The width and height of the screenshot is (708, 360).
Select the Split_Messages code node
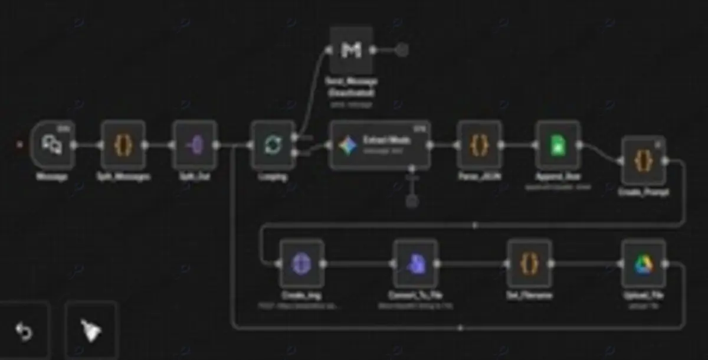123,145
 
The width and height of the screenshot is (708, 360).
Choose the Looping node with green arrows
273,145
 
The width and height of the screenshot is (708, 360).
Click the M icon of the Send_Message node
351,50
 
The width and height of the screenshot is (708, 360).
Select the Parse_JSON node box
479,145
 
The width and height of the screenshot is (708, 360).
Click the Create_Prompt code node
643,161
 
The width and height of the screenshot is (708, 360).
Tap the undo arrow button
24,332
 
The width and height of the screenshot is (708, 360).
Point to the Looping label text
273,176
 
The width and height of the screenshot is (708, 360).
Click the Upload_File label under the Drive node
643,295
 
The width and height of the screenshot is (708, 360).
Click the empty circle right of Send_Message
402,50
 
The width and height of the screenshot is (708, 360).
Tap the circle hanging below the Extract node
412,201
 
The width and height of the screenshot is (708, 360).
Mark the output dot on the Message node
74,145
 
